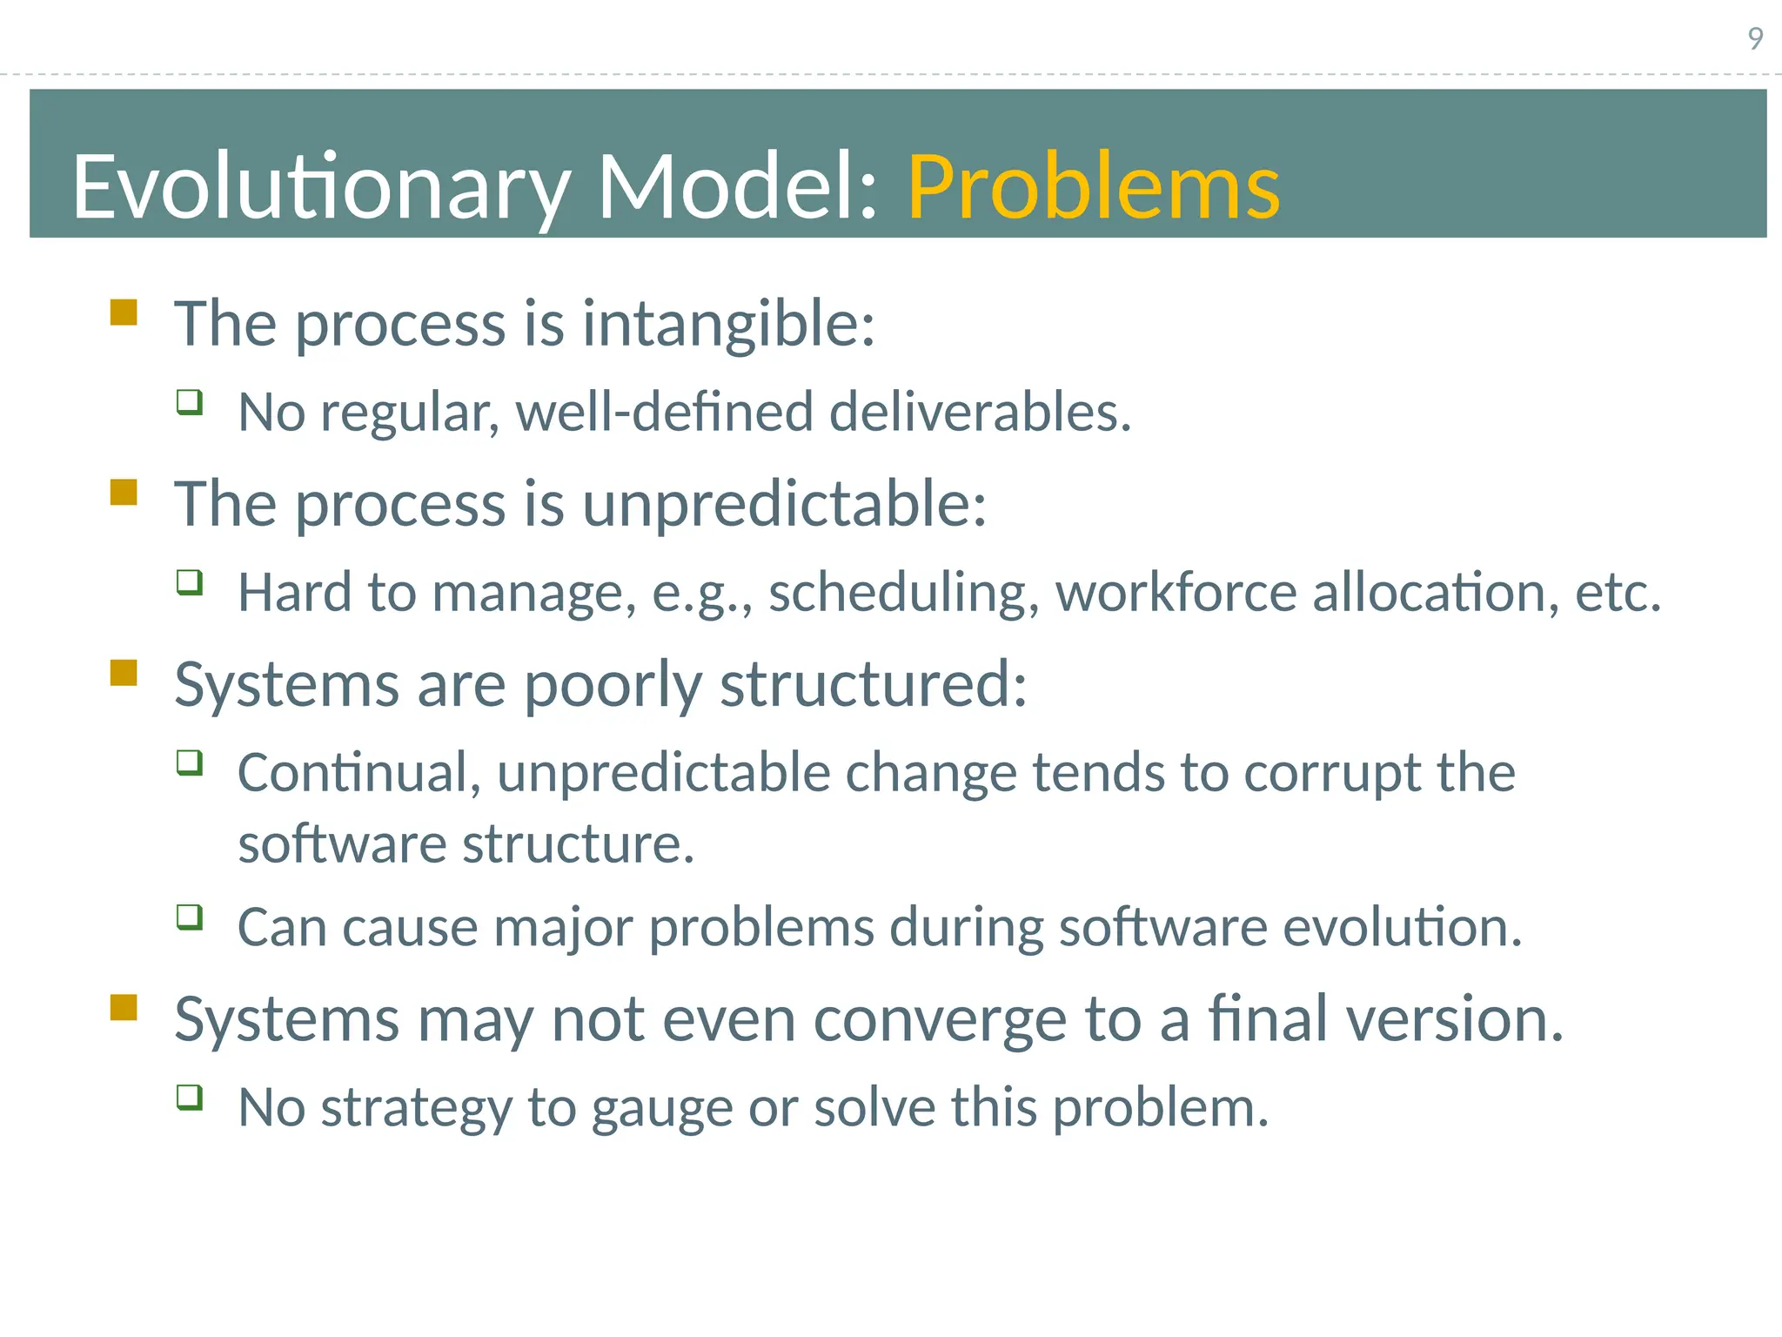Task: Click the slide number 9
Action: tap(1755, 38)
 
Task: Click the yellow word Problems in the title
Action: tap(1093, 186)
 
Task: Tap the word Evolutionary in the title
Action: tap(320, 186)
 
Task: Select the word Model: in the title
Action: tap(738, 186)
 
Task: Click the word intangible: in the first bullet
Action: tap(728, 324)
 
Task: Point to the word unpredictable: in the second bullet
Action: tap(784, 504)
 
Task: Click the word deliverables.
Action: tap(980, 412)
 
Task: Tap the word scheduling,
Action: tap(904, 593)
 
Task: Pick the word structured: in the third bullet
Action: tap(874, 684)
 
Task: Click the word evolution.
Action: tap(1403, 927)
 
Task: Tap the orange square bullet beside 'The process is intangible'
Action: tap(124, 312)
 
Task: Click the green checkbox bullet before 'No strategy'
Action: tap(190, 1097)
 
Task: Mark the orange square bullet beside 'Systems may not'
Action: tap(124, 1008)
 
